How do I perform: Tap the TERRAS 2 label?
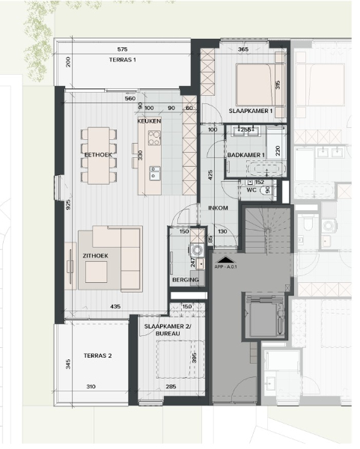click(97, 355)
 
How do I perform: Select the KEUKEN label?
click(149, 120)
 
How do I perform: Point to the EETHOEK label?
click(97, 154)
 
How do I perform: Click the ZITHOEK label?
click(95, 256)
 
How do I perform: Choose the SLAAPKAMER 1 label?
click(250, 112)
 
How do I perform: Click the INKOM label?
click(217, 208)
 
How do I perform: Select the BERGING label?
click(185, 280)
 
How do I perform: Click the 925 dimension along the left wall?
click(68, 204)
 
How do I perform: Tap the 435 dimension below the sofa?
click(116, 307)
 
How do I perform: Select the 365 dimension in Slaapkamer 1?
click(243, 49)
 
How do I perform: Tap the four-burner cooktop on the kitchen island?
click(154, 138)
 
